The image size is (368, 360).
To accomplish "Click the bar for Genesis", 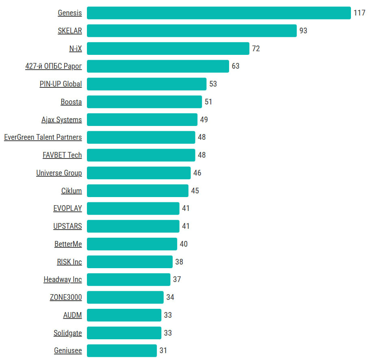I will click(219, 13).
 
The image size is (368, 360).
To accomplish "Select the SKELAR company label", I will click(70, 31).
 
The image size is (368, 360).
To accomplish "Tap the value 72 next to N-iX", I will click(256, 49).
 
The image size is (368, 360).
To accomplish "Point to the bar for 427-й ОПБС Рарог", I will click(158, 66).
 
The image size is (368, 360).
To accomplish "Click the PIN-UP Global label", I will click(61, 84).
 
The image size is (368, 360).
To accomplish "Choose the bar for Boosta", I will click(144, 102).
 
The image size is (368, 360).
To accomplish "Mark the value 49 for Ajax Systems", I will click(204, 119).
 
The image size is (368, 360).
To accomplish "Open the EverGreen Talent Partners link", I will click(43, 137).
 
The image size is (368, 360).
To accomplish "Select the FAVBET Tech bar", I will click(141, 155).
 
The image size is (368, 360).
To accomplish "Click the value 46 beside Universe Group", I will click(197, 173).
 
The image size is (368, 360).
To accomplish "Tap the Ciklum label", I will click(71, 191).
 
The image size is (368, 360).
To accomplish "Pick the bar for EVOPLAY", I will click(133, 208).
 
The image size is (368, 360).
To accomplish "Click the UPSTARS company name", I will click(67, 226).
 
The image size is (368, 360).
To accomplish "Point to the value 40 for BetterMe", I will click(184, 244).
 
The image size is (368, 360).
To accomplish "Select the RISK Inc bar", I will click(130, 262).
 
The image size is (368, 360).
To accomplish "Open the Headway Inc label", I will click(63, 280).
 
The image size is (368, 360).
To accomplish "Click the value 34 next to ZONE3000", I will click(170, 297).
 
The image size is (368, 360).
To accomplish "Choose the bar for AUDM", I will click(124, 315).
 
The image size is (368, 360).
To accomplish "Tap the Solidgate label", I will click(67, 333).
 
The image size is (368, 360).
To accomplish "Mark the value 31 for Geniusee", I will click(163, 351).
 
